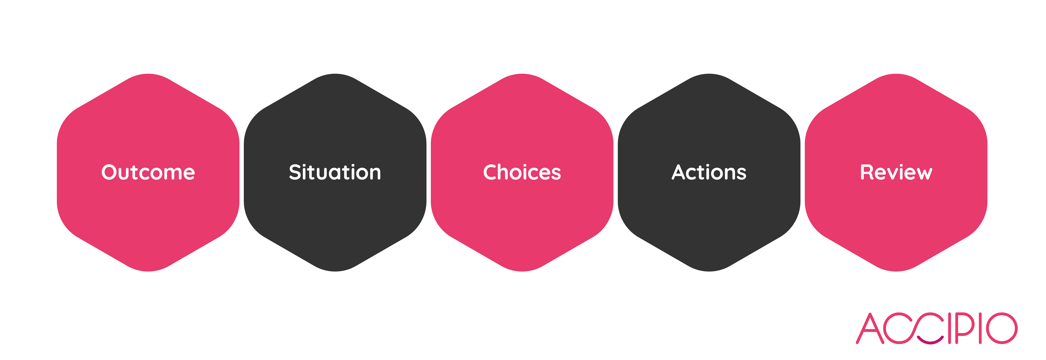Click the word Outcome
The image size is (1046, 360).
(148, 172)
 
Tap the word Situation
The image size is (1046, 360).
(335, 172)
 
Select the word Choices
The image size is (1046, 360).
(522, 172)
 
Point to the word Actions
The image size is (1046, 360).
(709, 172)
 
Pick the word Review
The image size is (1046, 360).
(896, 172)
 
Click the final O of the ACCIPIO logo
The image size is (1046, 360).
(1002, 328)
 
